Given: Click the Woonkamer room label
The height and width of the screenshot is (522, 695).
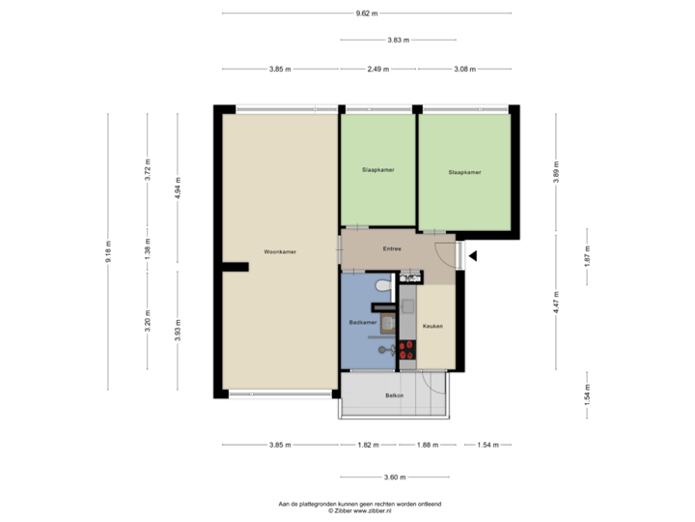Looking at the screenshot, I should pos(280,251).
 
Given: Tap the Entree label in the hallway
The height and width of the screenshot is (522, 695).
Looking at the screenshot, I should pos(392,248).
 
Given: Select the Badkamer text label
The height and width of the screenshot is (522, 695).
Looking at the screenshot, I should pos(362,322).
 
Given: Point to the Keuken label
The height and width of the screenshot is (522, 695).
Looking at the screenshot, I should pos(432,327).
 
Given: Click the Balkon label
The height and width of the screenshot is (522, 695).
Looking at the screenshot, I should pos(393,396).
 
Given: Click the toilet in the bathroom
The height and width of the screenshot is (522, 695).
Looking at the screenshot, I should pos(383,285).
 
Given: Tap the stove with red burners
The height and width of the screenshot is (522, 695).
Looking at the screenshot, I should pos(406,349).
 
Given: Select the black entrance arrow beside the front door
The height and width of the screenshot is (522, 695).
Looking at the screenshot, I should pos(473,255).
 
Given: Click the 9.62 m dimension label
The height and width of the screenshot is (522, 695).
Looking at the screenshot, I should pos(367,13).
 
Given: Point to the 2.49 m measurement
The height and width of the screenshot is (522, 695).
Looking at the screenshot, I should pos(378,69).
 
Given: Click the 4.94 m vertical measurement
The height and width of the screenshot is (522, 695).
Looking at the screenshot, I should pos(177,192).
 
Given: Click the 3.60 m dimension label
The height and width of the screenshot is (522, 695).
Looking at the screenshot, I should pos(395,477).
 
